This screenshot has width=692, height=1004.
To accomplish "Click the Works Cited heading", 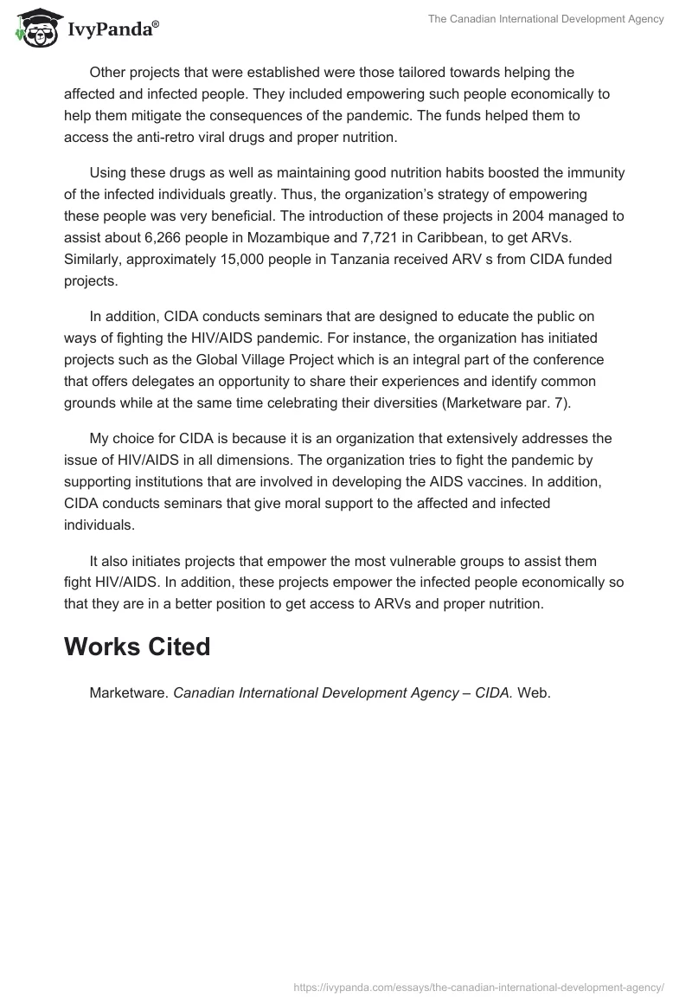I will (137, 647).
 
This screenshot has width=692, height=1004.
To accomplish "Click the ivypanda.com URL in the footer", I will (478, 986).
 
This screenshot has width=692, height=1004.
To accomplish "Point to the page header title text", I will (546, 20).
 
